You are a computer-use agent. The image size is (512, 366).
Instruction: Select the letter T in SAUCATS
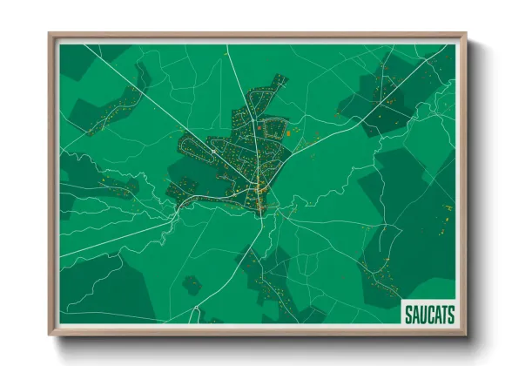click(x=443, y=315)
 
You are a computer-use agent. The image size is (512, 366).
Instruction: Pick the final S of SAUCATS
click(x=451, y=315)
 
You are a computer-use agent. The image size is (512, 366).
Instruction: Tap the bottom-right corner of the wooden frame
click(x=466, y=334)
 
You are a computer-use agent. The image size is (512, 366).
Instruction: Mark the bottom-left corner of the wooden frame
click(x=50, y=334)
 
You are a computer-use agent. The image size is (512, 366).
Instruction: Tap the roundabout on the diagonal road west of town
click(x=212, y=150)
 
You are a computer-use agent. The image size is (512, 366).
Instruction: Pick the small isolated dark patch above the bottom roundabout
click(x=192, y=284)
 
